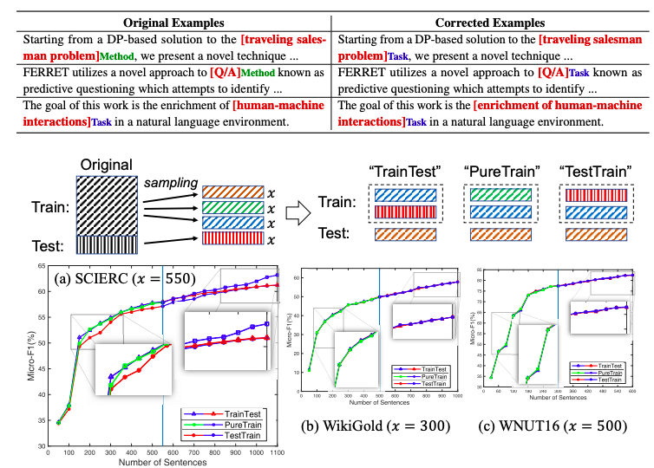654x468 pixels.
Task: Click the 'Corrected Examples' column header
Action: pyautogui.click(x=486, y=21)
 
